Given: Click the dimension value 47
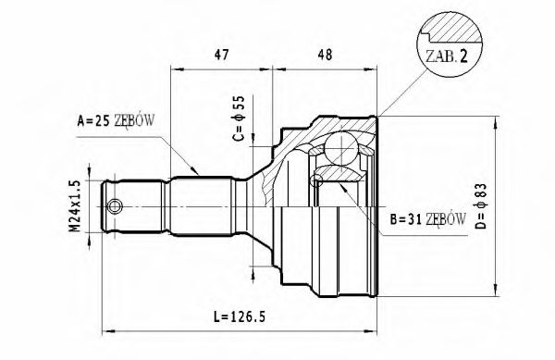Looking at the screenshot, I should [x=222, y=56].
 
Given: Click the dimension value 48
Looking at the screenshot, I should [x=325, y=56].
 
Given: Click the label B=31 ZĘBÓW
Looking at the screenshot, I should [x=413, y=219].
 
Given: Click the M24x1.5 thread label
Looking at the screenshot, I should [x=78, y=205].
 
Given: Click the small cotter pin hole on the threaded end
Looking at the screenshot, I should [x=115, y=205].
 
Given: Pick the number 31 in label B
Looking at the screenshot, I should [x=404, y=219].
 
